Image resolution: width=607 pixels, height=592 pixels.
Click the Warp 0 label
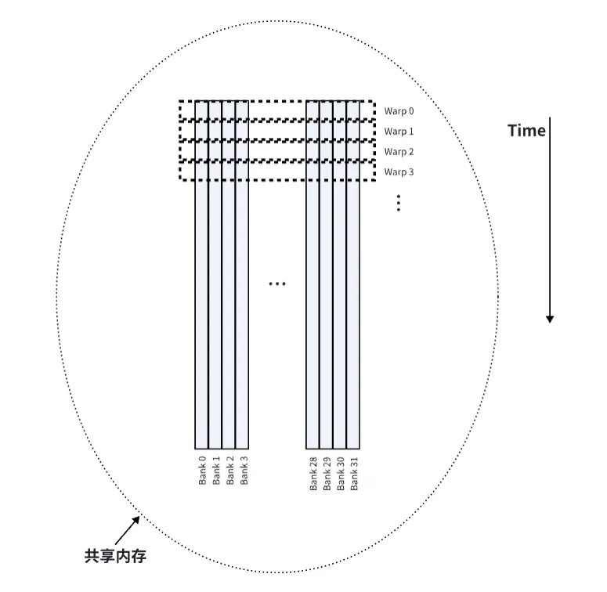(399, 111)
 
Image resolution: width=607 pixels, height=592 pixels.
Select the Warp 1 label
(399, 132)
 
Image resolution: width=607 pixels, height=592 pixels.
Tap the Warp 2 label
(399, 152)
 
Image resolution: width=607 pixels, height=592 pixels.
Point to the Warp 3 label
(399, 171)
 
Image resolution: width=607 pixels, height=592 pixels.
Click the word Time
(526, 131)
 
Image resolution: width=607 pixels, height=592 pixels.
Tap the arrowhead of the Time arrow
(550, 319)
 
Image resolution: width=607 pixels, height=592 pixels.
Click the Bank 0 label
(202, 470)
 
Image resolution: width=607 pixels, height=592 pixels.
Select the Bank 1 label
(216, 470)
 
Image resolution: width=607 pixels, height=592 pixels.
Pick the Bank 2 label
(230, 470)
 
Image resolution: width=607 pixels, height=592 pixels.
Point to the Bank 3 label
(244, 470)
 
